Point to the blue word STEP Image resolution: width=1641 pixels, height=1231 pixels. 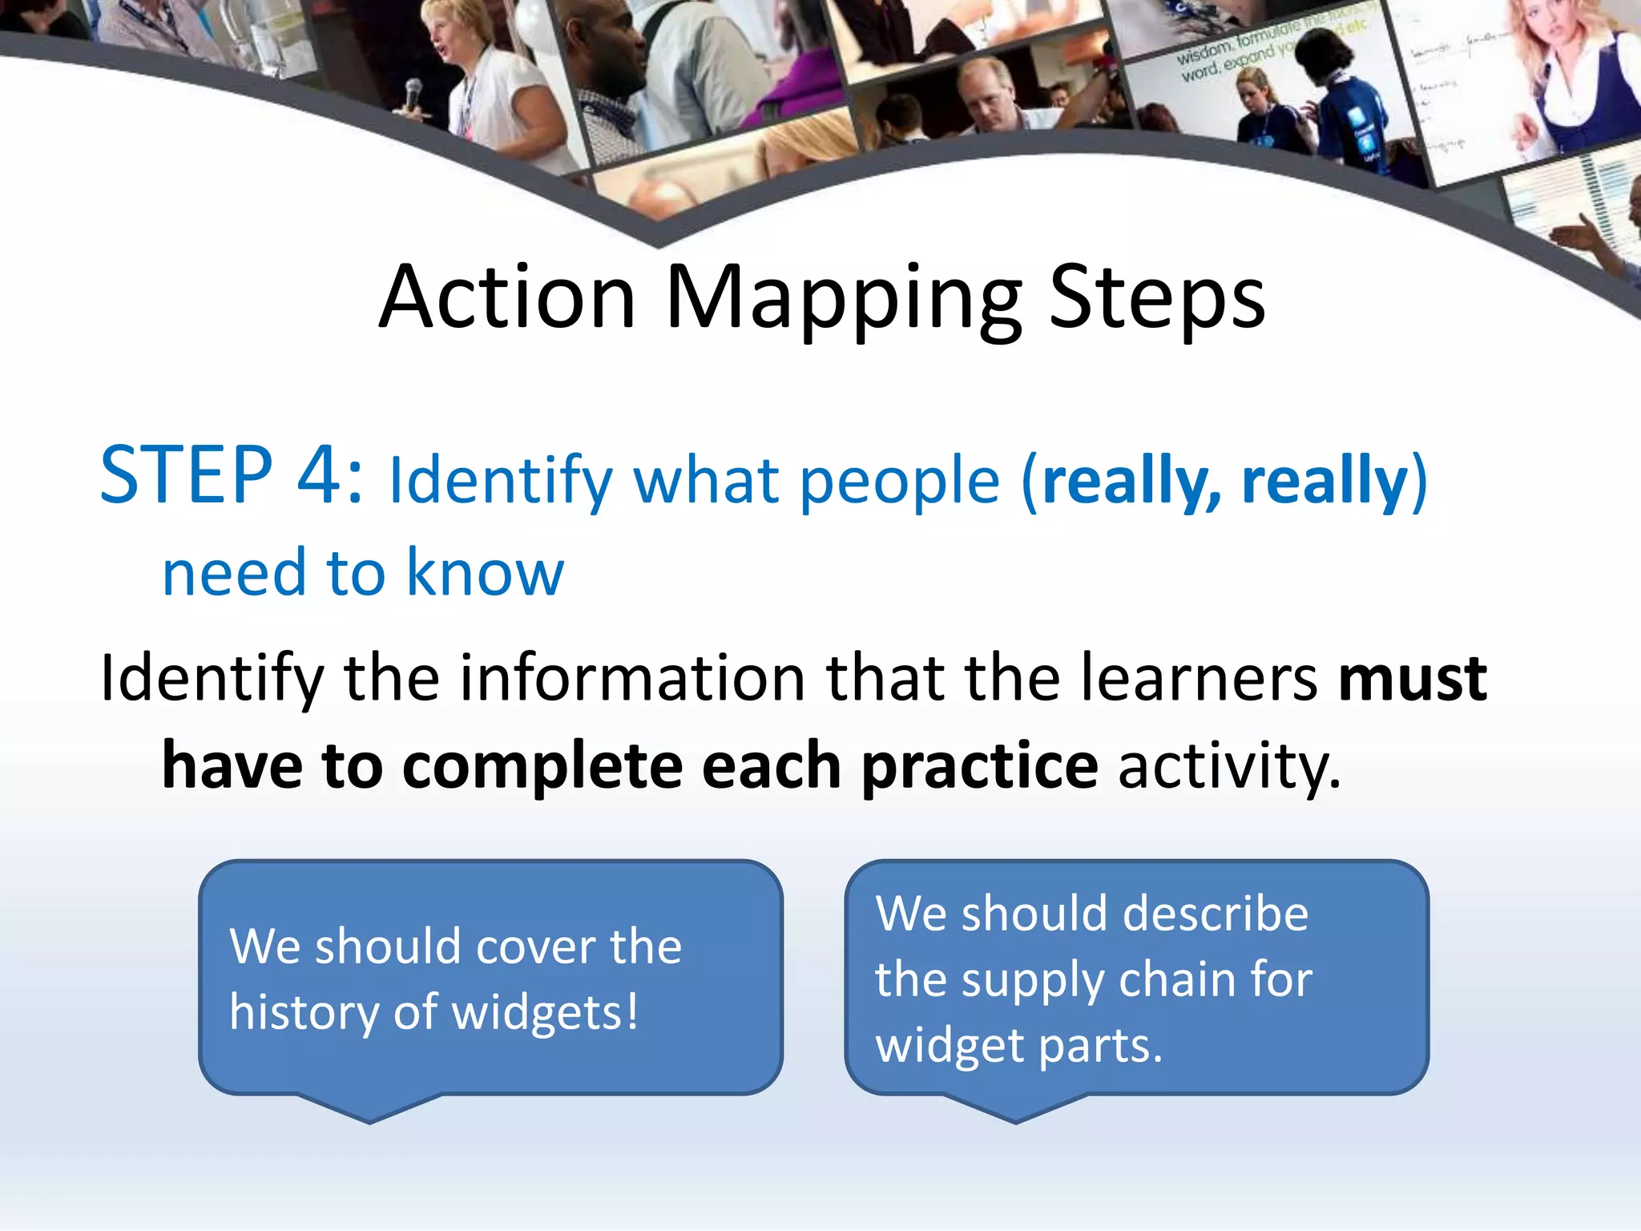click(186, 476)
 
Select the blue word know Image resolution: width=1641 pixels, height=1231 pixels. click(485, 573)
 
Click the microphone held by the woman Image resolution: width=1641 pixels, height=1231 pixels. click(413, 93)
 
